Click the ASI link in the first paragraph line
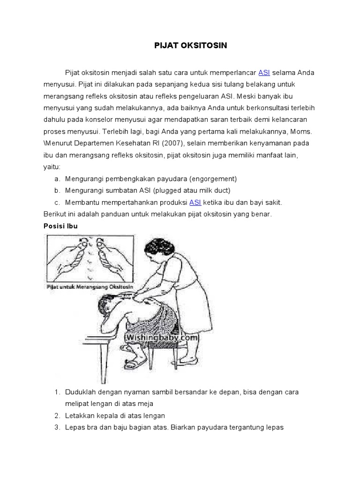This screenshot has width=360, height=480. pos(264,73)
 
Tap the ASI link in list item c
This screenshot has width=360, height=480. pos(195,202)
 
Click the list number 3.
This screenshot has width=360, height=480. pos(56,427)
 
